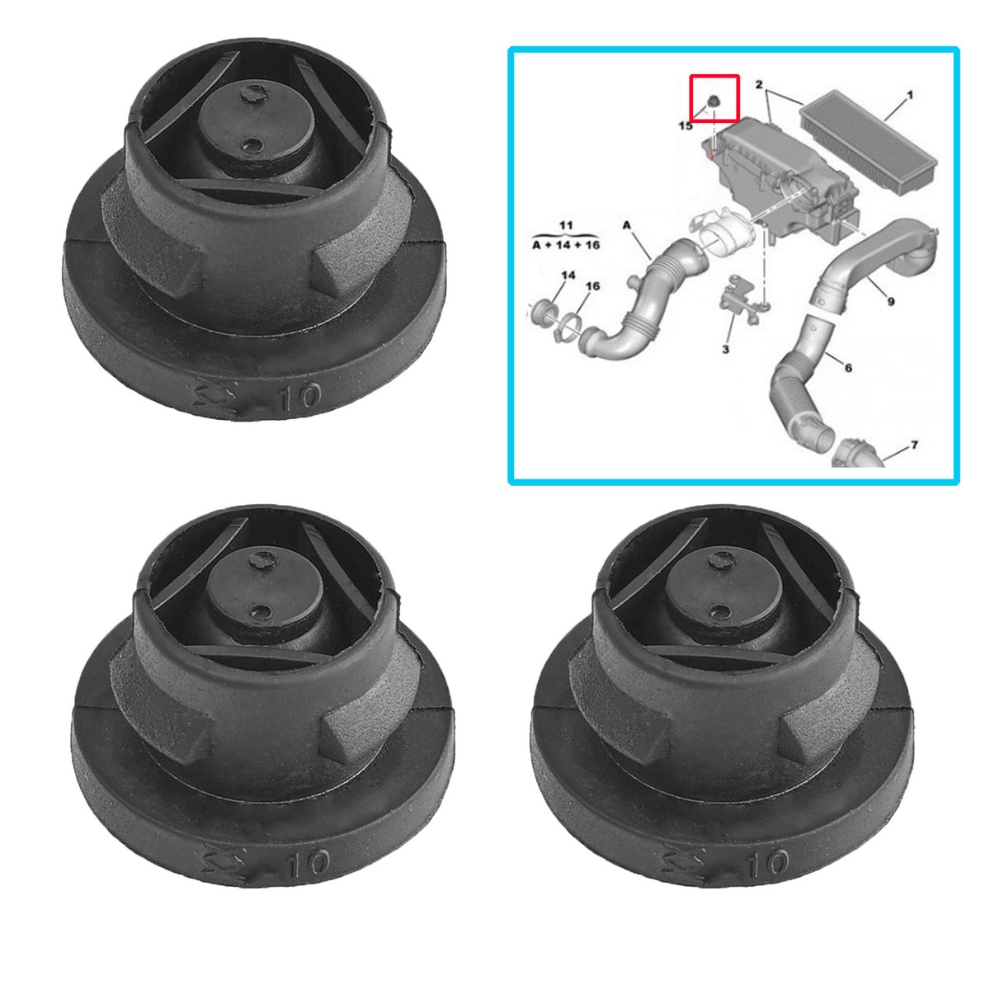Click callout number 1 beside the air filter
[x=909, y=97]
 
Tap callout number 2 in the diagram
[x=758, y=85]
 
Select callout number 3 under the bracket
[x=725, y=350]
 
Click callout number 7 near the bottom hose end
[x=913, y=445]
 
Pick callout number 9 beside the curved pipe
[x=890, y=302]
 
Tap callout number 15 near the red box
[x=686, y=126]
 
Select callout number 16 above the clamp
[x=592, y=286]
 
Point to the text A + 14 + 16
[x=565, y=244]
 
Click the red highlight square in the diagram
[x=714, y=98]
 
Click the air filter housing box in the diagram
[x=767, y=173]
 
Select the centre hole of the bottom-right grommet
[x=721, y=612]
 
